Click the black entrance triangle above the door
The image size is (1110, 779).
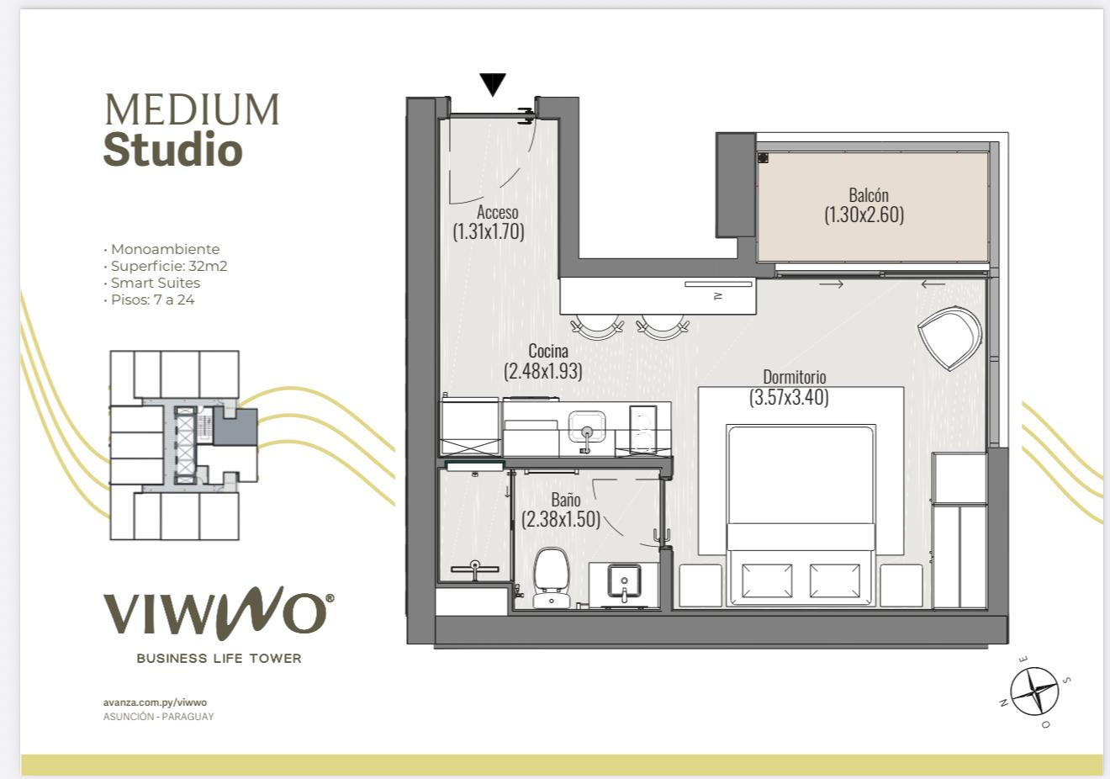pyautogui.click(x=493, y=84)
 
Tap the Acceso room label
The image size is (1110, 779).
pyautogui.click(x=498, y=212)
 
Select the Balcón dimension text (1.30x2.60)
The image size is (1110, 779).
pyautogui.click(x=864, y=215)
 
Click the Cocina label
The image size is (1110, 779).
pyautogui.click(x=548, y=351)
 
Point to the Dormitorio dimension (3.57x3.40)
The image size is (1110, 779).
pyautogui.click(x=789, y=397)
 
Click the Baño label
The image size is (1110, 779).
pyautogui.click(x=566, y=500)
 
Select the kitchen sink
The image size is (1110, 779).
pyautogui.click(x=587, y=428)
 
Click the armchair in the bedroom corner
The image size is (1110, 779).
pyautogui.click(x=949, y=338)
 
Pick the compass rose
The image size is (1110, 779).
pyautogui.click(x=1034, y=692)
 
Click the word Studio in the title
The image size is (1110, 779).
pyautogui.click(x=173, y=149)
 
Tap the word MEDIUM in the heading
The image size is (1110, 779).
pyautogui.click(x=193, y=109)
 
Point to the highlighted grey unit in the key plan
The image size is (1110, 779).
pyautogui.click(x=235, y=426)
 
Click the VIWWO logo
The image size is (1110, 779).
pyautogui.click(x=219, y=612)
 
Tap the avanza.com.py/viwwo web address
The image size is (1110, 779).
pyautogui.click(x=155, y=702)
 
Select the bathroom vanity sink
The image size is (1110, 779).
pyautogui.click(x=624, y=583)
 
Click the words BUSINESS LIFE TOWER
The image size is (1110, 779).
pyautogui.click(x=219, y=659)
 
